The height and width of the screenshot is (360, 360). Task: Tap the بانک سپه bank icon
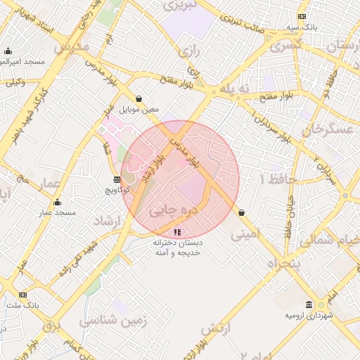coord(302,16)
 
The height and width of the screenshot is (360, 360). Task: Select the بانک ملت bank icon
coord(23,295)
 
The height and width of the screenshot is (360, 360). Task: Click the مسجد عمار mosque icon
coord(57,202)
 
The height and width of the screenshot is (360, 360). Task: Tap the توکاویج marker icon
coord(117,179)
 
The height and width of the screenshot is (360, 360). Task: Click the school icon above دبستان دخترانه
coord(177,231)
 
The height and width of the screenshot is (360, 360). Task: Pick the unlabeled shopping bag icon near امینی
coord(242,212)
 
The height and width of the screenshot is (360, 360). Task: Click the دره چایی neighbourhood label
coord(174,209)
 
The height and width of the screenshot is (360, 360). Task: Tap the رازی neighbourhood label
coord(189,51)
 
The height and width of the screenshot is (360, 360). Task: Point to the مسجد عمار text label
coord(58,212)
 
